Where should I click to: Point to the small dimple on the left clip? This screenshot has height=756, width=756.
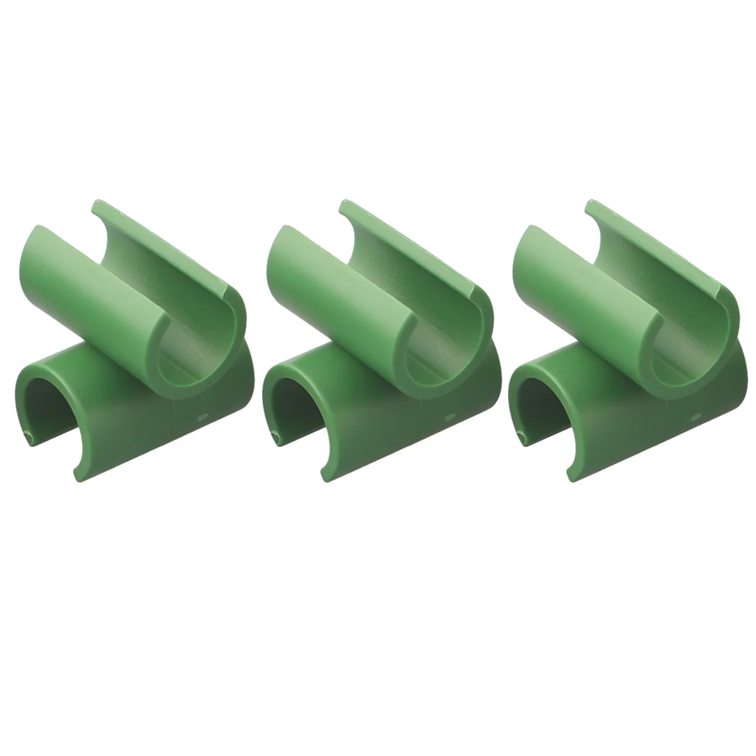pyautogui.click(x=203, y=417)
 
